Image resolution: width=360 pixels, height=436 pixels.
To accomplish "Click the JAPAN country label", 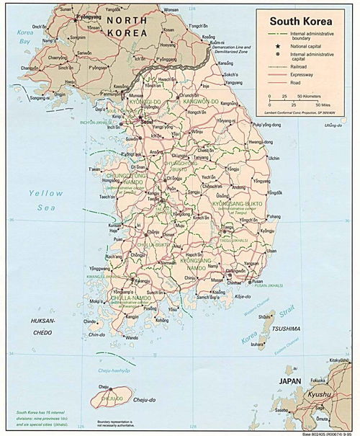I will (291, 381).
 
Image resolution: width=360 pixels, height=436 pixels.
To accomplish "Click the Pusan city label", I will (256, 281).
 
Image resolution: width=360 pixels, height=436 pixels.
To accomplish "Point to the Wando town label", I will (132, 337).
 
